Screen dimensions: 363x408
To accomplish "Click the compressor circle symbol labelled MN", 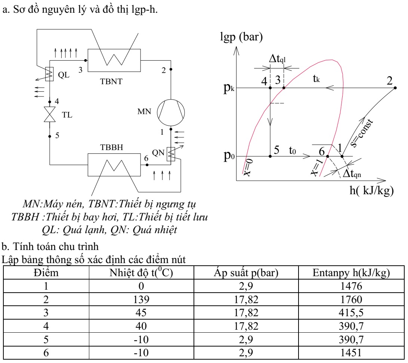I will (x=170, y=112).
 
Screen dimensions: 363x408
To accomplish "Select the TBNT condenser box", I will (x=113, y=60).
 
